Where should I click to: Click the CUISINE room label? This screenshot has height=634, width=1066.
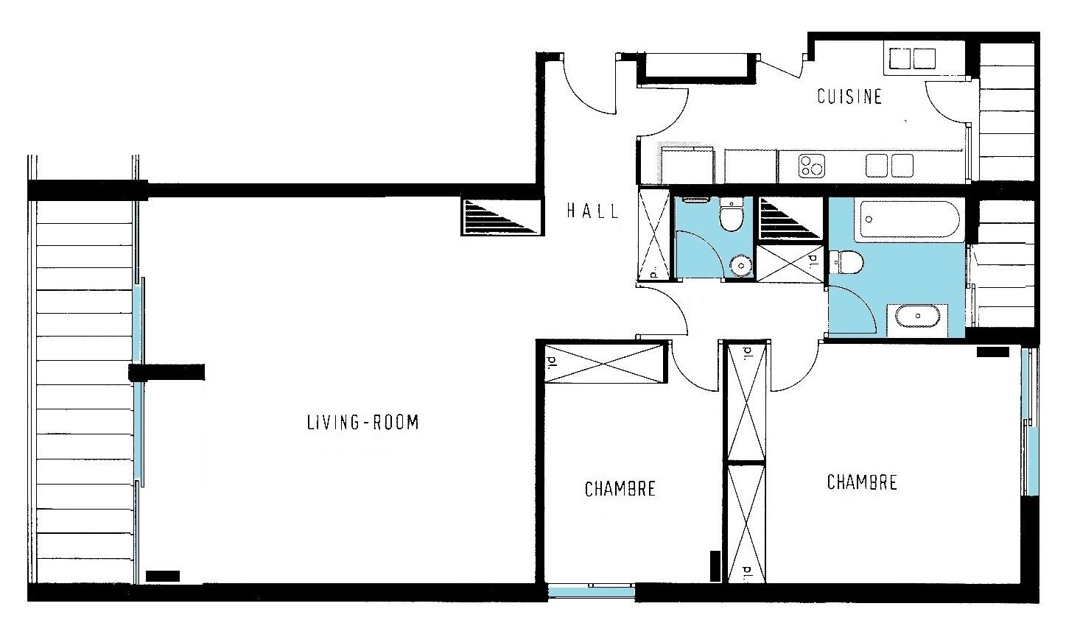[x=849, y=96]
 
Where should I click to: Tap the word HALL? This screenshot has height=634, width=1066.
[x=593, y=210]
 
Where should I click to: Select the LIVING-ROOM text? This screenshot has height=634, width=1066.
[x=362, y=423]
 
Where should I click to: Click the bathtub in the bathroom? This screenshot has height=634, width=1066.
[x=907, y=219]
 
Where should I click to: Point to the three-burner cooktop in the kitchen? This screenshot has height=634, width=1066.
[x=811, y=166]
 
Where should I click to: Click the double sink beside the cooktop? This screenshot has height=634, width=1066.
[x=889, y=166]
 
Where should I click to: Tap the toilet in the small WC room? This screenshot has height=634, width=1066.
[x=731, y=216]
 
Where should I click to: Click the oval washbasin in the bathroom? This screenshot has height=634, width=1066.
[x=917, y=317]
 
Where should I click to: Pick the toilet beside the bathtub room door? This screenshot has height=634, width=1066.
[x=846, y=262]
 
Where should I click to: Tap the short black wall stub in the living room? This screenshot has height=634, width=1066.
[x=167, y=373]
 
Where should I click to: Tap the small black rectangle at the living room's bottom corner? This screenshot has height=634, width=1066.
[x=163, y=576]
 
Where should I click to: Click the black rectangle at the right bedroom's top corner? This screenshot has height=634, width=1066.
[x=993, y=352]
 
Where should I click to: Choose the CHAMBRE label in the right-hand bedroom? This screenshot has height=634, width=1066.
[x=862, y=482]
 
